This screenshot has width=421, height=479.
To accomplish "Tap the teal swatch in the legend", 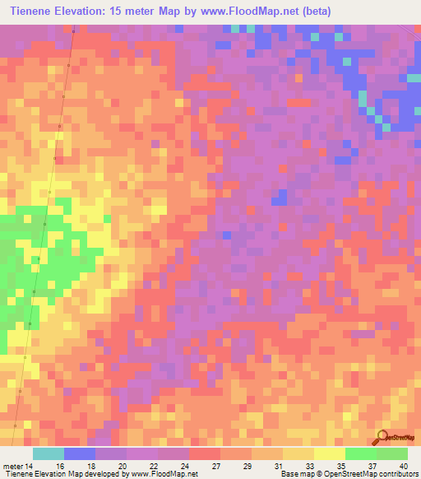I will coord(49,453).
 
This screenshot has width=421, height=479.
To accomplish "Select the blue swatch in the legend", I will coord(80,453).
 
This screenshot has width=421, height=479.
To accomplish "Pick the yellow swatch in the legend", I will coord(329,453).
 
